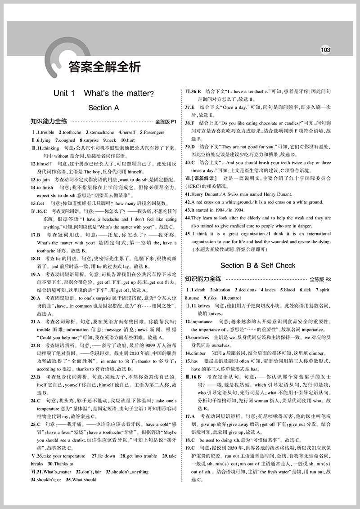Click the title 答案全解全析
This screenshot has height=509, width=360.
pos(104,67)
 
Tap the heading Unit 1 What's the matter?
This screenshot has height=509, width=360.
pos(103,94)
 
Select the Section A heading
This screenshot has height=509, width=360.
pos(103,108)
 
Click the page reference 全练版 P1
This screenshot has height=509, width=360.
pos(166,122)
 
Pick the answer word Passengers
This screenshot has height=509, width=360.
pos(153,133)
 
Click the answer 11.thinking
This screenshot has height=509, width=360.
pos(45,148)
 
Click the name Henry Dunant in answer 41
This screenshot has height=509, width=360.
pos(204,194)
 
